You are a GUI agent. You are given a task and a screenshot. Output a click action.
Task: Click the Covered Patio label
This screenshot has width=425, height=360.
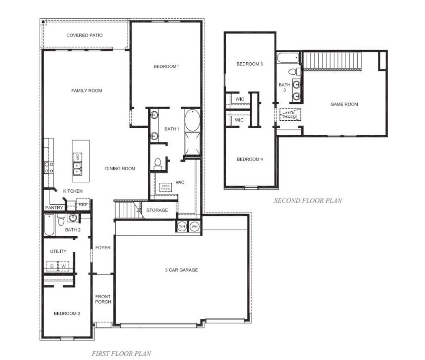(x=85, y=35)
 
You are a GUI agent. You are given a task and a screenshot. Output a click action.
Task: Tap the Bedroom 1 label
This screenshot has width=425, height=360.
(x=167, y=66)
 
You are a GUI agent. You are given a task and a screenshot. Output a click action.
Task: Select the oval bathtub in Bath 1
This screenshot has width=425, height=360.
(x=192, y=120)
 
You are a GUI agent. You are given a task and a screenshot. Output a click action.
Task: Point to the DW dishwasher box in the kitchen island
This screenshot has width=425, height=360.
(x=78, y=157)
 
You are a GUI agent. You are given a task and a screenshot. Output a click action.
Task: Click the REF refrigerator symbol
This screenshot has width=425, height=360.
(x=83, y=204)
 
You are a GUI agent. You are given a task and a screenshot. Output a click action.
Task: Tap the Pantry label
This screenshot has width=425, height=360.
(x=54, y=208)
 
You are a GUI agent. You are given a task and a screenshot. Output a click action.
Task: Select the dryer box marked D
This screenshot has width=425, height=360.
(x=52, y=266)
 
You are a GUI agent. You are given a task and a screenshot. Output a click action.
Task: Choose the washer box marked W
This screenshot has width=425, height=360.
(x=64, y=266)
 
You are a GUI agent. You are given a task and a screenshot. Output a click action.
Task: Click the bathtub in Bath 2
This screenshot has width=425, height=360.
(x=49, y=225)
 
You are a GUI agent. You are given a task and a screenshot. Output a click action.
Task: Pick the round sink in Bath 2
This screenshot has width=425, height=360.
(x=73, y=218)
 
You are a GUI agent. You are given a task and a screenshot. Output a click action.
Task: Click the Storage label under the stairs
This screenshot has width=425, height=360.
(x=157, y=210)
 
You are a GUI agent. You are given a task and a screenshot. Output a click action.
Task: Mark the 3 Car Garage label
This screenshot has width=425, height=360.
(x=181, y=270)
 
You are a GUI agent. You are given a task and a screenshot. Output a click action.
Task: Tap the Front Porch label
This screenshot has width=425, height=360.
(x=103, y=299)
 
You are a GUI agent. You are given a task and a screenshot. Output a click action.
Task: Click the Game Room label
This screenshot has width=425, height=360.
(x=344, y=104)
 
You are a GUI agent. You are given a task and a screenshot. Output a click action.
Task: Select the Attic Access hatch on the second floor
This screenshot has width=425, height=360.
(x=290, y=115)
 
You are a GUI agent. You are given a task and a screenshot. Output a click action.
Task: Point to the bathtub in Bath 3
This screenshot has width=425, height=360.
(x=288, y=58)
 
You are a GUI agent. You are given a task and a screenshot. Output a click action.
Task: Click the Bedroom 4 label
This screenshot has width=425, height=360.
(x=250, y=159)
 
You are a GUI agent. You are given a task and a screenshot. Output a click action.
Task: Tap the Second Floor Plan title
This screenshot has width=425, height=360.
(x=308, y=201)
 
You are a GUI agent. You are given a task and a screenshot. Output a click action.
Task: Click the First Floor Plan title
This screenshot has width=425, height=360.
(x=122, y=353)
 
